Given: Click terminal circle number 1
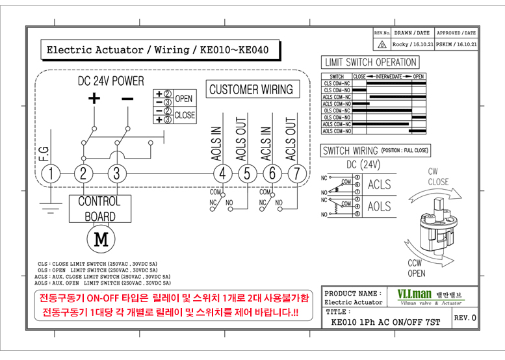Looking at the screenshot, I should click(x=51, y=174).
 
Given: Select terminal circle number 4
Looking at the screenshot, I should click(x=223, y=174).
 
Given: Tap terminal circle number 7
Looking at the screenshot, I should click(x=296, y=174).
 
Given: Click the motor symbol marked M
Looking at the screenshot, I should click(x=100, y=240).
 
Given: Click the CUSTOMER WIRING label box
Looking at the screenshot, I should click(x=251, y=90).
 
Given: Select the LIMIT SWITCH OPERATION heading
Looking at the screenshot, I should click(x=370, y=62).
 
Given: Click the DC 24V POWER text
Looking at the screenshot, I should click(x=110, y=81).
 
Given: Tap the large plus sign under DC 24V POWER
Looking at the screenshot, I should click(x=95, y=99).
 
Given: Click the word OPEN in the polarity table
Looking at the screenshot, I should click(x=184, y=99).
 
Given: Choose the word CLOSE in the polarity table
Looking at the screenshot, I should click(x=185, y=115).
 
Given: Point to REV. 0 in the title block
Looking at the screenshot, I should click(x=465, y=318).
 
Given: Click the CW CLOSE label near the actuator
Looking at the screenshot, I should click(x=437, y=177).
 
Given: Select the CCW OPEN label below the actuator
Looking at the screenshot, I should click(x=417, y=268).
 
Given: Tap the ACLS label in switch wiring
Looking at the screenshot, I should click(x=379, y=185).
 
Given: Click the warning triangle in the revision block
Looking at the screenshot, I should click(x=382, y=45).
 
